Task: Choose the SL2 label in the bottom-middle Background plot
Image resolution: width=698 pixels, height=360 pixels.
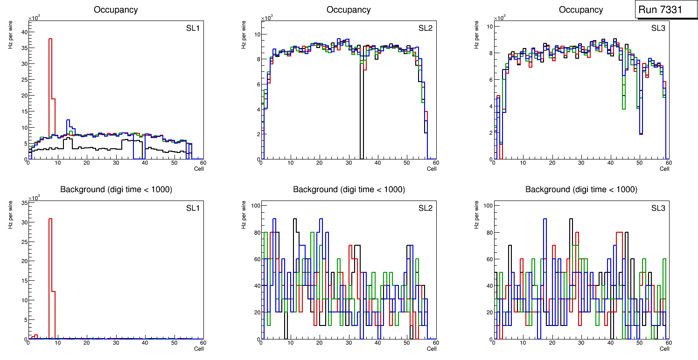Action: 426,208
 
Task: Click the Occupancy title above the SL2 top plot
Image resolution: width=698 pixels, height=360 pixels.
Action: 349,10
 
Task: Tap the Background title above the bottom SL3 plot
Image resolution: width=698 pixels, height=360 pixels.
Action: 581,190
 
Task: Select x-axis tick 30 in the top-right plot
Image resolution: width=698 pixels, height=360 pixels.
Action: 581,163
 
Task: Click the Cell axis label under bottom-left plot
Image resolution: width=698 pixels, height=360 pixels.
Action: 199,348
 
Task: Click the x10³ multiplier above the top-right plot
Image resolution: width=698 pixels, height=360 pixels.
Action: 500,18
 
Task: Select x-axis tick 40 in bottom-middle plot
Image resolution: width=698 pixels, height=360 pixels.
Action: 377,343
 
